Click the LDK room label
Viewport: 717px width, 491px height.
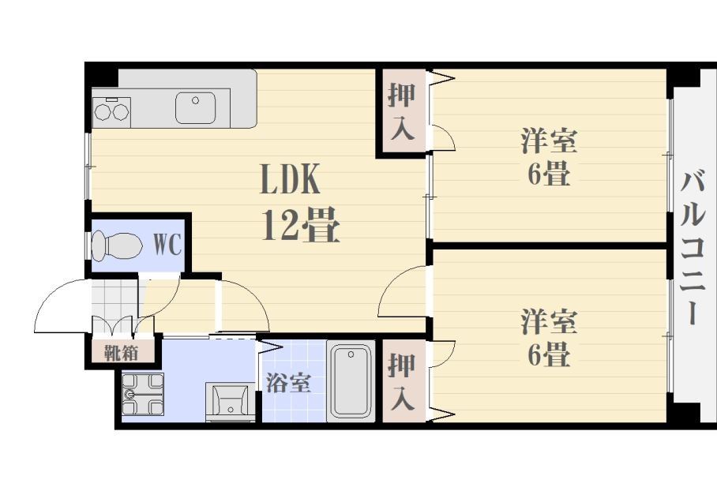(290, 181)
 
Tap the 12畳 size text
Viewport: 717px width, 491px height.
(300, 227)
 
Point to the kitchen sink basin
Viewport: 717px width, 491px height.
(195, 108)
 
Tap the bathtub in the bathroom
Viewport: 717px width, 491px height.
(351, 380)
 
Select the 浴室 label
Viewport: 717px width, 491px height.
(287, 384)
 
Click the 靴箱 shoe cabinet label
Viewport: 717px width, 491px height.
(122, 352)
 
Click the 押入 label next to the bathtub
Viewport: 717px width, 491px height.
(402, 381)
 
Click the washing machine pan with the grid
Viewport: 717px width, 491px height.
(142, 393)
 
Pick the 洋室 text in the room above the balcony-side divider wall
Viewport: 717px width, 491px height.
(549, 142)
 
